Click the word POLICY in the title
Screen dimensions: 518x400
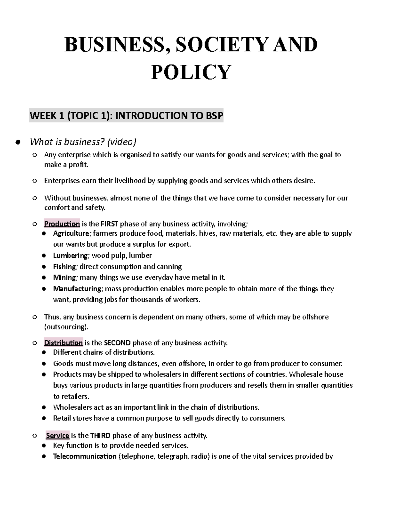(191, 72)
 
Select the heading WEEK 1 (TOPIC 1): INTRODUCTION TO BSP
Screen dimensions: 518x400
(126, 116)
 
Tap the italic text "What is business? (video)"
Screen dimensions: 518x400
(83, 142)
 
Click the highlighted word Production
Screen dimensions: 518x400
(62, 224)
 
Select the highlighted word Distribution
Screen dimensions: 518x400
(63, 343)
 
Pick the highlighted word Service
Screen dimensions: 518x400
(57, 435)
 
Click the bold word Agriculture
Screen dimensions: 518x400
(71, 233)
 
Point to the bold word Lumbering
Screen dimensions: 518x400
(70, 255)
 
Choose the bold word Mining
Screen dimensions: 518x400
(65, 277)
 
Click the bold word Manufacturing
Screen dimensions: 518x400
(77, 288)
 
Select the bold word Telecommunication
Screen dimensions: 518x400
(85, 456)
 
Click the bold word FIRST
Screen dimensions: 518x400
(109, 224)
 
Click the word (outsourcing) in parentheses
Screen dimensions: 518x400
(66, 327)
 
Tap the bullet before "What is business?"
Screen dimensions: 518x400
(18, 143)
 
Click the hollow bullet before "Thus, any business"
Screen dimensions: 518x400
(34, 317)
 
